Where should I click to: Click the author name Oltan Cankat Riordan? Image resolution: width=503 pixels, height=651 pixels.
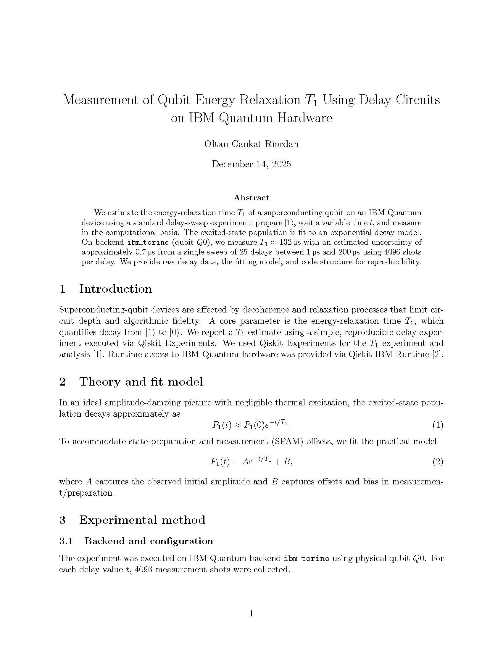[251, 144]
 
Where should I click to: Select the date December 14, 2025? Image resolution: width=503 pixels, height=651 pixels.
[251, 164]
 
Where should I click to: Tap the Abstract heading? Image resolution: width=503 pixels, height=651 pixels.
[251, 198]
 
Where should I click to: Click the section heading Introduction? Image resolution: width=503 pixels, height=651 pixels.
[115, 289]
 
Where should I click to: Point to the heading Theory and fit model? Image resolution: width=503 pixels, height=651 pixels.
[141, 381]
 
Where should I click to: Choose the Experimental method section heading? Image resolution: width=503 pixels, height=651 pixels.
[142, 520]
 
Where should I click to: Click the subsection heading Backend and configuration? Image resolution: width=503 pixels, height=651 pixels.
[149, 541]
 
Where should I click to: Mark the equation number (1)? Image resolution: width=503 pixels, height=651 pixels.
[437, 425]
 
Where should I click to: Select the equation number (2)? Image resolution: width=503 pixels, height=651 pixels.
[437, 462]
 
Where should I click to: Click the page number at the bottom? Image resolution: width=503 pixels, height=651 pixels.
[251, 613]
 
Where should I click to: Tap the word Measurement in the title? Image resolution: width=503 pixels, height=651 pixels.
[100, 100]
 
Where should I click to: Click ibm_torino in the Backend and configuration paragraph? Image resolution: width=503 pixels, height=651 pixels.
[306, 558]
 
